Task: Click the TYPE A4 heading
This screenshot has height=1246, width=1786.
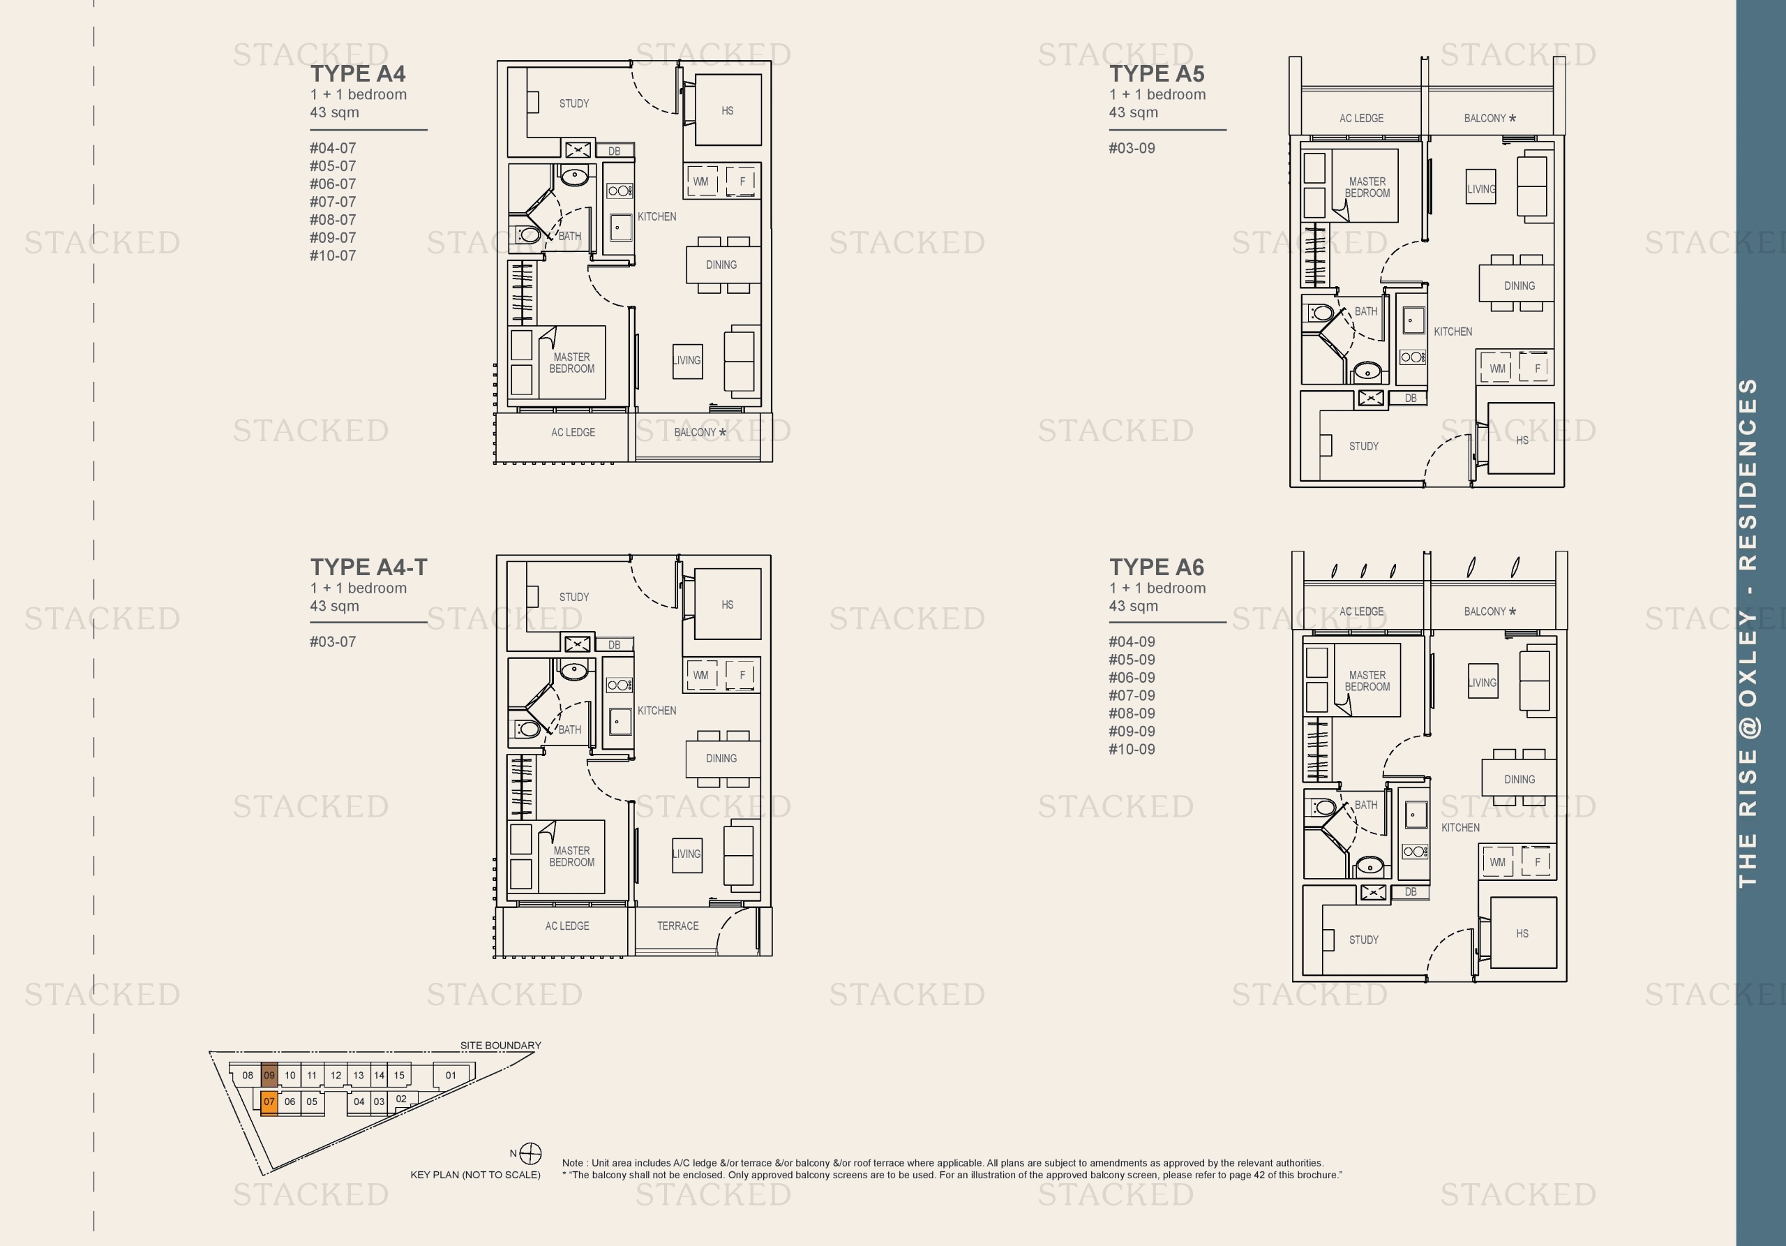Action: [x=358, y=74]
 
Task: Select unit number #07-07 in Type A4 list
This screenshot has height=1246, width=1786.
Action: [x=333, y=202]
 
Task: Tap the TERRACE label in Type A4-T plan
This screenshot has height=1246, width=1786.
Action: [x=677, y=926]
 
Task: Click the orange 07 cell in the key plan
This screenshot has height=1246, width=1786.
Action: [x=269, y=1102]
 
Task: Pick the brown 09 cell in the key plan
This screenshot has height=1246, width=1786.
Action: [x=269, y=1076]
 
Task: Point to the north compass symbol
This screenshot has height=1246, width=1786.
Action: [x=530, y=1153]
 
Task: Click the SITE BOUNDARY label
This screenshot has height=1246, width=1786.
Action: [x=500, y=1045]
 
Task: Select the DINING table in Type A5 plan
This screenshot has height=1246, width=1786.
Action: [x=1518, y=285]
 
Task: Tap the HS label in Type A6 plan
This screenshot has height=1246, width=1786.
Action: [x=1522, y=934]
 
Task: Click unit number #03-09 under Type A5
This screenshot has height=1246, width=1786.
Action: [x=1132, y=149]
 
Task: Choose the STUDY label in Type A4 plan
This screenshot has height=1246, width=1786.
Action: [x=574, y=103]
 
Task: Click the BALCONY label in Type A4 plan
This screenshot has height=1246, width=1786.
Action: [x=695, y=433]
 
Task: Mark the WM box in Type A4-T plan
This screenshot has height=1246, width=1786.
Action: [x=701, y=676]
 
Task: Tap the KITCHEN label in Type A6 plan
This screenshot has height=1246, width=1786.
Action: [x=1460, y=828]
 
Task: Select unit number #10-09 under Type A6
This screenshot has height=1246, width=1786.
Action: [x=1132, y=750]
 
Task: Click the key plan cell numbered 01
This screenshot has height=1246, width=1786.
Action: [x=451, y=1076]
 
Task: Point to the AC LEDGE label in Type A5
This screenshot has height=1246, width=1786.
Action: [x=1361, y=118]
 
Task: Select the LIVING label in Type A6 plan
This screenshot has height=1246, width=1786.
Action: [x=1483, y=683]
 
